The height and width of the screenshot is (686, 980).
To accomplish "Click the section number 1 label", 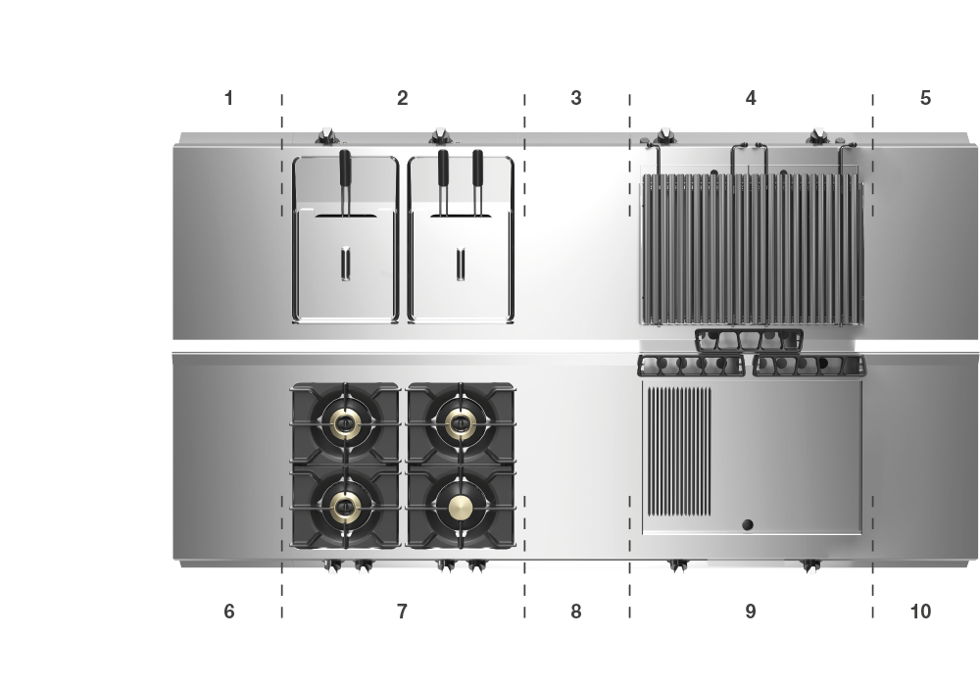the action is pos(228,98).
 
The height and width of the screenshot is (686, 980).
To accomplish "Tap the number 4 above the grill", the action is pos(751,98).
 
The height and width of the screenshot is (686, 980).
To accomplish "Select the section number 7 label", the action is pos(402,611).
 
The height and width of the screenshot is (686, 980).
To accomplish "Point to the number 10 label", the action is pos(920,611).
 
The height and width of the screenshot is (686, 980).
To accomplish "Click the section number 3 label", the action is pos(575,98).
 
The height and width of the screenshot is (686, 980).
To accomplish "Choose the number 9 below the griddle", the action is pos(751,611).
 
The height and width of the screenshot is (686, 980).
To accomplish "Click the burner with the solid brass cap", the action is pos(462,507).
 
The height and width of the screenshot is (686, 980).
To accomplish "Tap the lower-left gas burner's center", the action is pos(344,507).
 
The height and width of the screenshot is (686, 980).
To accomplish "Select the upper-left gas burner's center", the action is pos(344,423).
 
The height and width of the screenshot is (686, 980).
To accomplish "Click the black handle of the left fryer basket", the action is pos(345,168).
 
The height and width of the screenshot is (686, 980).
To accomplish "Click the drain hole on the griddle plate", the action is pos(747,524).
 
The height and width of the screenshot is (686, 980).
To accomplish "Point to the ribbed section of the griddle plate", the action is pos(679,451).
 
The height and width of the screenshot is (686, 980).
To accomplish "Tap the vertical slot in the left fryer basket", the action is pos(345,264).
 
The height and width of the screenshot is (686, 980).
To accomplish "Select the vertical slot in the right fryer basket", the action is pos(461,264).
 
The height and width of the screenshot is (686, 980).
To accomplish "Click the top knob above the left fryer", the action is pos(327,135).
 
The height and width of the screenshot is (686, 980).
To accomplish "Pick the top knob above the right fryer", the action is pos(441,135).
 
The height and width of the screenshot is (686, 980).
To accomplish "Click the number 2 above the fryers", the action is pos(402,98).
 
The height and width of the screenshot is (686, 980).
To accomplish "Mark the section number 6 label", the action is pos(228,611).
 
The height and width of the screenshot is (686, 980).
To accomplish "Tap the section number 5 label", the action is pos(925,98).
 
